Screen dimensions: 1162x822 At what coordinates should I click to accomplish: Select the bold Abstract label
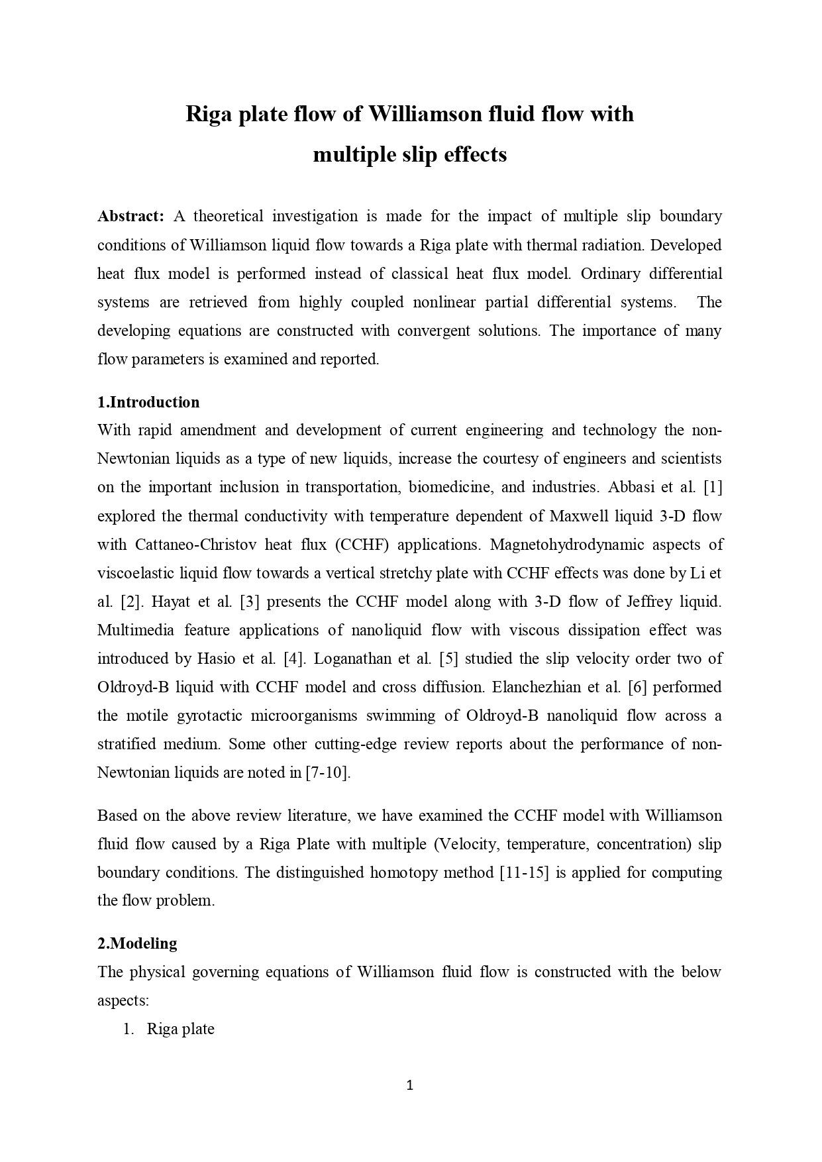click(x=130, y=216)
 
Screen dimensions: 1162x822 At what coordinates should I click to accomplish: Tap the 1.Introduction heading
click(x=148, y=402)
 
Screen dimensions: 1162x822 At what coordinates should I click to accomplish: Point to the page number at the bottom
click(x=409, y=1085)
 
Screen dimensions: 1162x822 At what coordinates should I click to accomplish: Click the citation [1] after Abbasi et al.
click(x=712, y=487)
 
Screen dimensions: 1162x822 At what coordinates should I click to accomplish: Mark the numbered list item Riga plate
click(x=180, y=1029)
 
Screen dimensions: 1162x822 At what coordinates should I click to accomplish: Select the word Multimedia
click(x=135, y=630)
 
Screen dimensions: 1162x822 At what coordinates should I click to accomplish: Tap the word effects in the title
click(x=474, y=154)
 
